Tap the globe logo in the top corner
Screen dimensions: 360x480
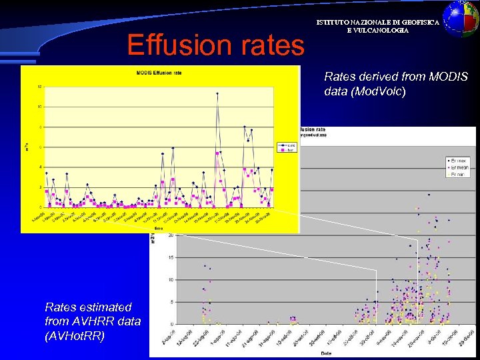tap(461, 18)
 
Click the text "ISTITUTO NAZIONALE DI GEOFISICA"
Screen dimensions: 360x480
tap(377, 23)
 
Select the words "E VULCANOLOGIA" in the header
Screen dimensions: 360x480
tap(377, 31)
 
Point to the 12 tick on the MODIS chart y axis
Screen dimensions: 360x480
tap(40, 87)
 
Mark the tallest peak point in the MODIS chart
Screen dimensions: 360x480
tap(217, 94)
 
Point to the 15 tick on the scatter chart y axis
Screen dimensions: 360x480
tap(171, 257)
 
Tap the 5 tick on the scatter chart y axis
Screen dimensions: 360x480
tap(172, 302)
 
